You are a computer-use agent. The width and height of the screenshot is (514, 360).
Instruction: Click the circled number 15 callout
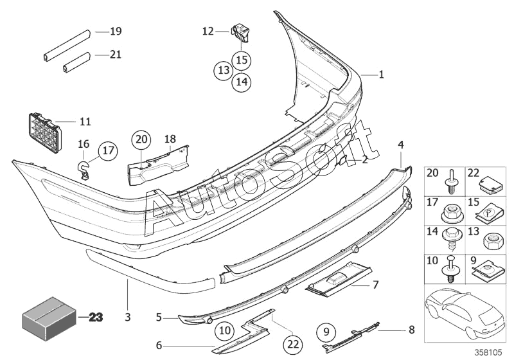[x=242, y=60]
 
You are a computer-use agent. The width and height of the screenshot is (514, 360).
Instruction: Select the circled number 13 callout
[x=224, y=70]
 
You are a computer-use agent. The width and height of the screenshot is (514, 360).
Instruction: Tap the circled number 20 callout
[x=141, y=139]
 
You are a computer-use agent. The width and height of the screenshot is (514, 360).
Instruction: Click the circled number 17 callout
[x=108, y=150]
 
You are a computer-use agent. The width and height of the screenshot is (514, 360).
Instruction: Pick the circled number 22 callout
[x=293, y=344]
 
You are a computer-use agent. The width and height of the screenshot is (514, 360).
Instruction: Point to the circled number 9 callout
[x=326, y=332]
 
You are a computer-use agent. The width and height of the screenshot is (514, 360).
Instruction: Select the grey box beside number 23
[x=49, y=318]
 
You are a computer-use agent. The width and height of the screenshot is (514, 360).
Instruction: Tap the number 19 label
[x=116, y=31]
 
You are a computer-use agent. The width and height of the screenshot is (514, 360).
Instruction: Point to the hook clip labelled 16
[x=84, y=169]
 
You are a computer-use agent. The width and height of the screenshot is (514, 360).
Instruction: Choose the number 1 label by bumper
[x=381, y=75]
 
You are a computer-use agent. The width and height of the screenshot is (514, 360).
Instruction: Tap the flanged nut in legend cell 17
[x=448, y=214]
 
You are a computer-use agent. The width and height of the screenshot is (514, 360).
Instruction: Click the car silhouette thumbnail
[x=464, y=313]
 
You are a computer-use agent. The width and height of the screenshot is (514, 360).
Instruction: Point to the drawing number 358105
[x=488, y=352]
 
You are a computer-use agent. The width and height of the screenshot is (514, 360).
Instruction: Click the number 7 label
[x=376, y=284]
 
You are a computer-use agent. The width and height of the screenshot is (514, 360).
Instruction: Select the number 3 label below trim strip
[x=127, y=317]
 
